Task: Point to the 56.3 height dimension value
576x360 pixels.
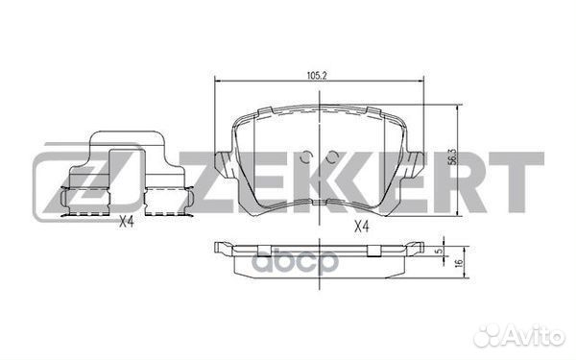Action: (x=452, y=156)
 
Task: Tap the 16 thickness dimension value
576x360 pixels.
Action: (x=458, y=263)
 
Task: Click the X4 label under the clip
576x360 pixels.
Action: (x=126, y=223)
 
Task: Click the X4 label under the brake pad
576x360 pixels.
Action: (x=361, y=227)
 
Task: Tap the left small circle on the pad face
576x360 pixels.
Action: (x=305, y=156)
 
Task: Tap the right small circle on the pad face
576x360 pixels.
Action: (x=332, y=156)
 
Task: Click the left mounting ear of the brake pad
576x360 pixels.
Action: (x=223, y=164)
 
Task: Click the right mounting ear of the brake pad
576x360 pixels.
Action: (x=415, y=164)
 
